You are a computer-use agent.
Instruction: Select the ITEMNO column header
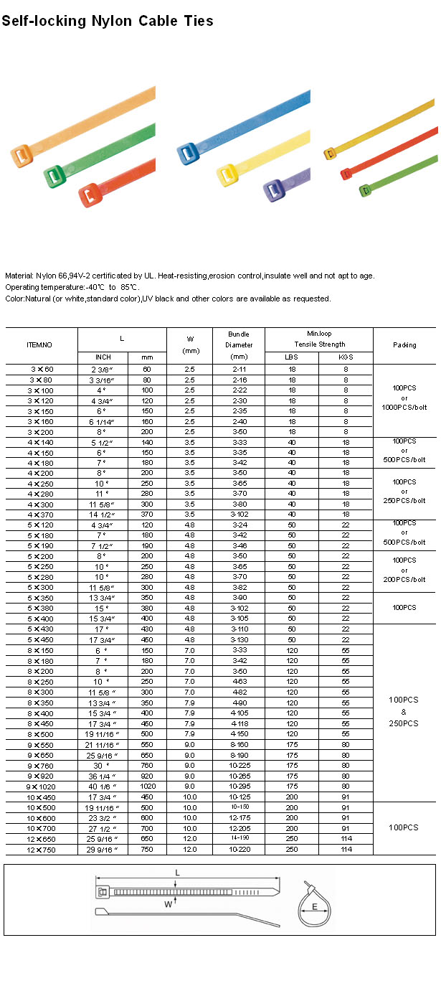[x=40, y=344]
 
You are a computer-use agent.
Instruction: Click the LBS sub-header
[x=292, y=357]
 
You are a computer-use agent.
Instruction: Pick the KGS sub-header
[x=346, y=357]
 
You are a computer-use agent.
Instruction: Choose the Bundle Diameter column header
[x=239, y=344]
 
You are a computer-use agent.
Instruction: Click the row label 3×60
[x=41, y=369]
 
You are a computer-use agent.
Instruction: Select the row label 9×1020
[x=41, y=786]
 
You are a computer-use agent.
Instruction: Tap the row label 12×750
[x=41, y=849]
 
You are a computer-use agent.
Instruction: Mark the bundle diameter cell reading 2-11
[x=239, y=369]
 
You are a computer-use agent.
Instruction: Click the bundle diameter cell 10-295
[x=239, y=786]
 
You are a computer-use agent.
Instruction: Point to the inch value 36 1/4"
[x=103, y=776]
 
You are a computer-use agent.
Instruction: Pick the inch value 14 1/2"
[x=103, y=515]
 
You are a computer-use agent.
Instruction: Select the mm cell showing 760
[x=147, y=765]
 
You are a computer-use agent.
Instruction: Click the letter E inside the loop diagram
[x=316, y=907]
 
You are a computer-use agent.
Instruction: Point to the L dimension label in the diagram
[x=177, y=873]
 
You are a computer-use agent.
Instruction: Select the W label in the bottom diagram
[x=167, y=905]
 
